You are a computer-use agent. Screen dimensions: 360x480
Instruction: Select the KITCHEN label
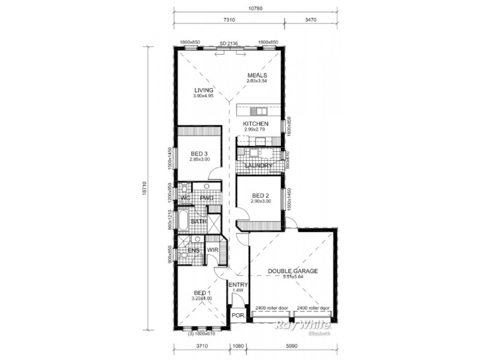256,124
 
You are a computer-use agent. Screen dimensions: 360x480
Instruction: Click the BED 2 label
261,196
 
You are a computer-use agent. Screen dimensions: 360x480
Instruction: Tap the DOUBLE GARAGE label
293,271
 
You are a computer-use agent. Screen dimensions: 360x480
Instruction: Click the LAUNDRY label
259,166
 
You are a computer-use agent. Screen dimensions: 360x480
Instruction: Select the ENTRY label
238,285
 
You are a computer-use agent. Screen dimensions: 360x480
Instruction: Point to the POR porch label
238,314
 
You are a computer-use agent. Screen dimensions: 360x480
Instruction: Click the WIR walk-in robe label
212,250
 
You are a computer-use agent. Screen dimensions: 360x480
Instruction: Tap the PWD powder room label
206,198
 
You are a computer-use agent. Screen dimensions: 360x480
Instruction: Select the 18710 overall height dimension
145,187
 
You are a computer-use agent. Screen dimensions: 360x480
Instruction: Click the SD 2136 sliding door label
229,43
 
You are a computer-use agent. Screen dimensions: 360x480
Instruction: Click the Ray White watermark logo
302,325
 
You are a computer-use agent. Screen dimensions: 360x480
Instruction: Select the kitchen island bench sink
259,111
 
